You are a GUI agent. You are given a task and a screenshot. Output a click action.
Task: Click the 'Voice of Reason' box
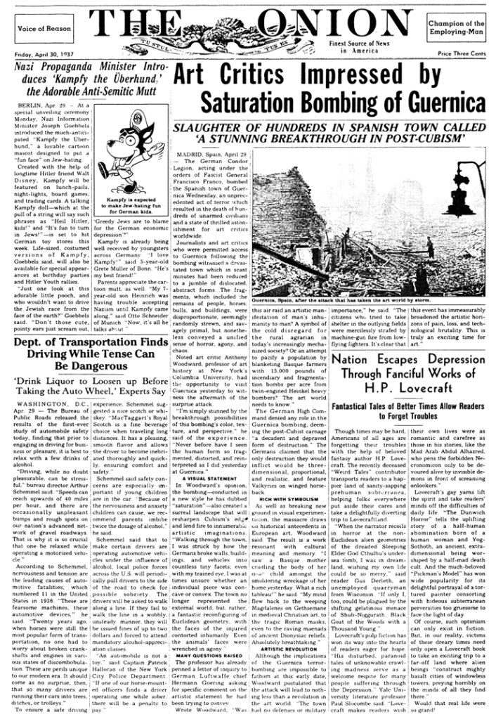click(x=44, y=29)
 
